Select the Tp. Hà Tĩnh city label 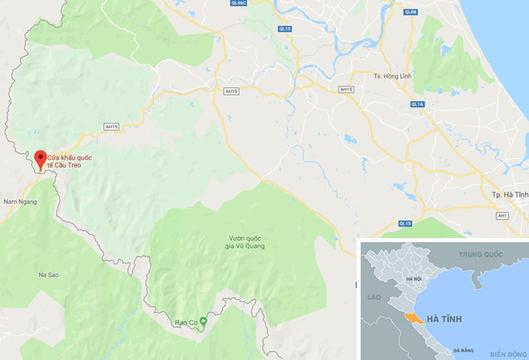click(510, 195)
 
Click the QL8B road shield click(411, 12)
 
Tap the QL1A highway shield click(417, 104)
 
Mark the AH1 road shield click(503, 216)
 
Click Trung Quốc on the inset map click(479, 254)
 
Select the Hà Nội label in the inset click(414, 278)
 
